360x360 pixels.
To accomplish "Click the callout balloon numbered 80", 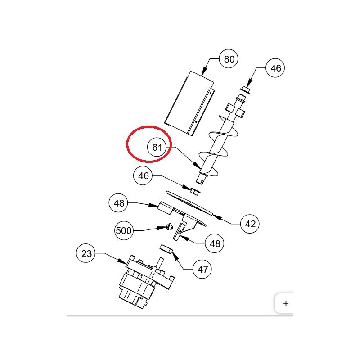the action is (229, 59).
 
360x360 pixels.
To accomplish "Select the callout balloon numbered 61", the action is (157, 147).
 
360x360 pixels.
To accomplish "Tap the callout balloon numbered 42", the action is (250, 224).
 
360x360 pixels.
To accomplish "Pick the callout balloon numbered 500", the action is (124, 230).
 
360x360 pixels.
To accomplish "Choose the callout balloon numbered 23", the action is (85, 253).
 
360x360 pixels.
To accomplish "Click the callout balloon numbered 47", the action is (202, 269).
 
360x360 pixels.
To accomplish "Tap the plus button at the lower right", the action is (286, 303).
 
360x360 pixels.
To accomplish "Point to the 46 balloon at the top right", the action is (275, 68).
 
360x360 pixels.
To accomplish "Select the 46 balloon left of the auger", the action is (143, 175).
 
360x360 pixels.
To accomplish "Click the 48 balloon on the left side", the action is (118, 203).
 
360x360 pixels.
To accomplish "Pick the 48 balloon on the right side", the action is (214, 243).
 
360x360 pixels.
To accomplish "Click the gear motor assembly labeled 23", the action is (145, 282).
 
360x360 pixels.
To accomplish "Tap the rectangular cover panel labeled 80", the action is (190, 103).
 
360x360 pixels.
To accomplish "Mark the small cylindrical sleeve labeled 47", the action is (166, 249).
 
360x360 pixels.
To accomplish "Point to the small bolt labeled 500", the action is (170, 227).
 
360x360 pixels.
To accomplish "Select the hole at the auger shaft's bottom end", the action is (202, 182).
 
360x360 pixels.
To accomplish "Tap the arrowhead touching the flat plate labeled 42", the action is (217, 217).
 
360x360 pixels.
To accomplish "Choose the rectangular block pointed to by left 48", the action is (165, 208).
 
